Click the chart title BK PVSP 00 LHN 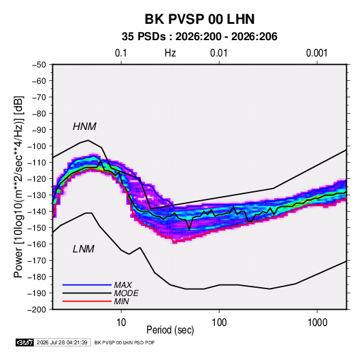coord(199,19)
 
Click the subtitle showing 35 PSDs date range coord(199,37)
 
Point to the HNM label coord(84,127)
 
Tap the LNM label coord(84,249)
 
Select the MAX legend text coord(122,285)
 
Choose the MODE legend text coord(126,293)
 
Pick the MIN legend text coord(121,301)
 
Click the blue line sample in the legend coord(87,285)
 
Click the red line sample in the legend coord(87,301)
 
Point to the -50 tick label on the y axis coord(39,65)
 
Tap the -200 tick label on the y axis coord(37,310)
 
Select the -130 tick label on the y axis coord(37,195)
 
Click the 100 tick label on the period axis coord(219,323)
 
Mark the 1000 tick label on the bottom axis coord(317,323)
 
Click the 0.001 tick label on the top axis coord(316,53)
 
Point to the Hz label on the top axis coord(170,53)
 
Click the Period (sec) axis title coord(170,330)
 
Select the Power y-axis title coord(18,187)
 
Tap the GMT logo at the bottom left coord(24,342)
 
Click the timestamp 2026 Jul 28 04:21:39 coord(62,342)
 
